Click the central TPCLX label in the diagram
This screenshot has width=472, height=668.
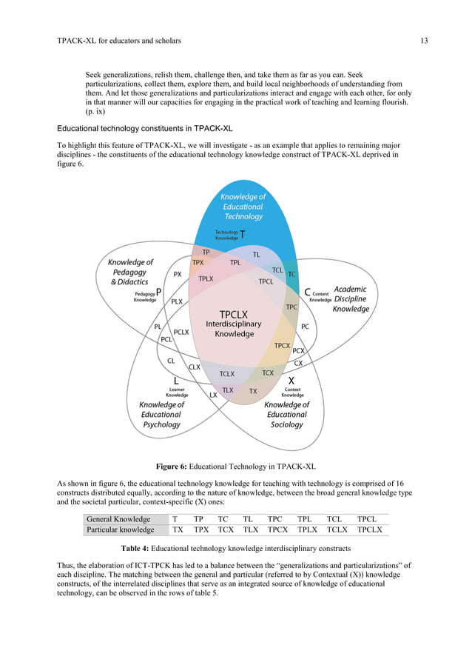[x=234, y=314]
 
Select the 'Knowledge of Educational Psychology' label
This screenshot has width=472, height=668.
[x=161, y=415]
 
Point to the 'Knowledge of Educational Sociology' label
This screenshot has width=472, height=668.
[x=286, y=415]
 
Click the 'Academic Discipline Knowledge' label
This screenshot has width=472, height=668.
[x=351, y=298]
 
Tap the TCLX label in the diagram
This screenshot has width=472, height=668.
[x=226, y=374]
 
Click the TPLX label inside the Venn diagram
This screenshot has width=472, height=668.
[x=206, y=278]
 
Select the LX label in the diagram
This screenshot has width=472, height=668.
[x=213, y=395]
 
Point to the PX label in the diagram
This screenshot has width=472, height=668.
[x=178, y=274]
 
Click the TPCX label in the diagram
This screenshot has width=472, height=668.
[x=282, y=345]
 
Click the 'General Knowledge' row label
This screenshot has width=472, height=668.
[x=118, y=519]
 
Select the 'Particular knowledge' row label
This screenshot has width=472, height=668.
[x=121, y=530]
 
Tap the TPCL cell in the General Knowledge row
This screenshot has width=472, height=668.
[x=367, y=519]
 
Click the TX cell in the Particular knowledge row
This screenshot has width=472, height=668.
[x=178, y=530]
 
